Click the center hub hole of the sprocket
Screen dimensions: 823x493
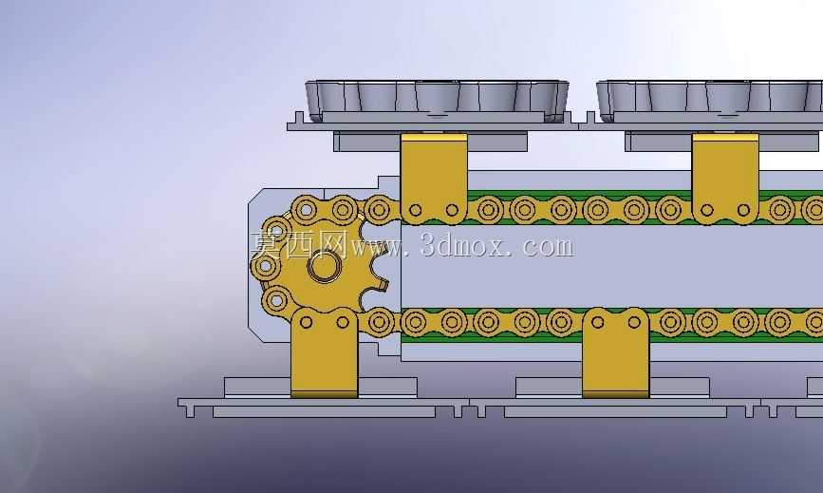(x=324, y=266)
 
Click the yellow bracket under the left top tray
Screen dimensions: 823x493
(x=434, y=179)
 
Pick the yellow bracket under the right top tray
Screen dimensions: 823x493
(x=725, y=179)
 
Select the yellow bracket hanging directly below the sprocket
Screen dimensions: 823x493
(x=324, y=352)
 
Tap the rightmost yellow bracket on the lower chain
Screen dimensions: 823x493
(x=616, y=352)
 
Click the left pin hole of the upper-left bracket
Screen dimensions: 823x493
(x=415, y=210)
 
